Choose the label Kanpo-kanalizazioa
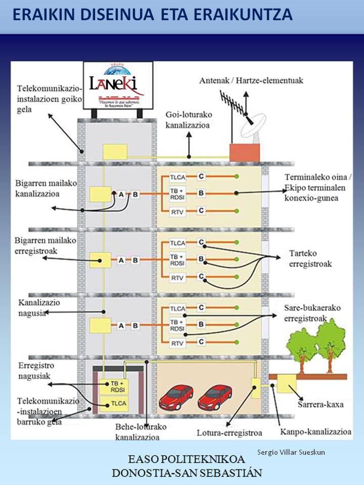(x=315, y=432)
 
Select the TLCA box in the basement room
(x=112, y=403)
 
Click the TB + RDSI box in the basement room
(x=112, y=386)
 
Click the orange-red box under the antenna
(x=245, y=152)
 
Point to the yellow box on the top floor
(x=115, y=152)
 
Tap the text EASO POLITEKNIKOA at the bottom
(x=187, y=460)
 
